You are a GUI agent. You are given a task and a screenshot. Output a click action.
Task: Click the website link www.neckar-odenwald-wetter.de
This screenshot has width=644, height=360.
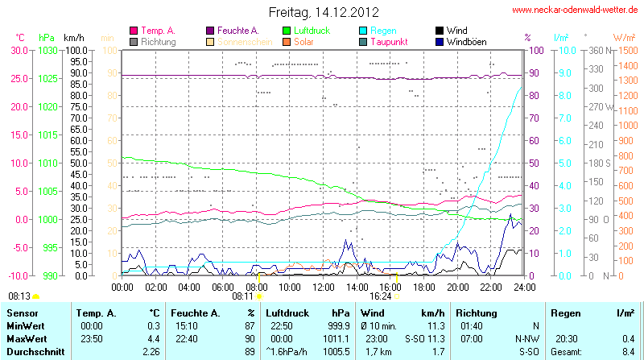click(x=574, y=10)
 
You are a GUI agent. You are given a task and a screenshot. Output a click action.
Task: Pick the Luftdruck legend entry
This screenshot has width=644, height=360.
click(x=312, y=30)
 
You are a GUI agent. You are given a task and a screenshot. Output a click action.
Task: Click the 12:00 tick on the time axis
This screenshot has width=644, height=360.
click(x=323, y=287)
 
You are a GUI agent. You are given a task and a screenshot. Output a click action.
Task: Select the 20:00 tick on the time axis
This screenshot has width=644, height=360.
click(x=457, y=287)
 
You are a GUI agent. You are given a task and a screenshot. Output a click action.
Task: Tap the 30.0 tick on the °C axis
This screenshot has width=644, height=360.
click(x=19, y=50)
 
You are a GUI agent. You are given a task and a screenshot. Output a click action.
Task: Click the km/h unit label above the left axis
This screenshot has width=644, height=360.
click(x=73, y=38)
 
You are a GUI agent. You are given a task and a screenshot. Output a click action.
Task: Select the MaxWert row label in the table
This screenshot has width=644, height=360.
click(x=26, y=338)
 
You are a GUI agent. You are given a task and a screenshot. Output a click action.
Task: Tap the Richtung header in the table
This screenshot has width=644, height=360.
click(x=477, y=312)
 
